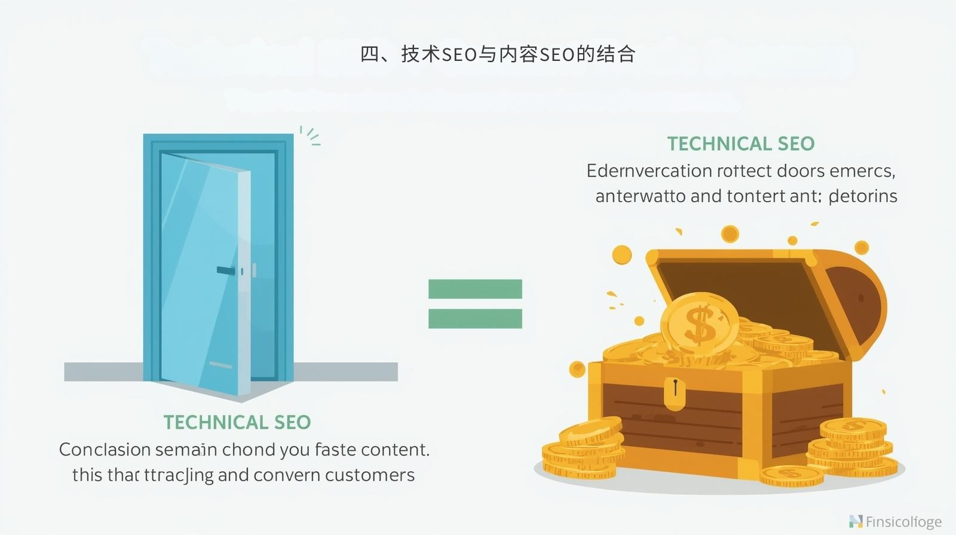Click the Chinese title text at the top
(497, 54)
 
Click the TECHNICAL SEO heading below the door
(237, 422)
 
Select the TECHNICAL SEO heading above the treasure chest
(741, 144)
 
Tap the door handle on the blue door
(226, 270)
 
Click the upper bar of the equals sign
(475, 289)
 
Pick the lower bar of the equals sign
(475, 319)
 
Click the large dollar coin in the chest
(700, 324)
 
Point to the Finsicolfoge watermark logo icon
(856, 521)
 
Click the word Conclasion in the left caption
(105, 450)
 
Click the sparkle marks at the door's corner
(310, 136)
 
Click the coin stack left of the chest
(583, 451)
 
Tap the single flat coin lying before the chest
(792, 475)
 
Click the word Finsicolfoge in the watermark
(903, 522)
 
